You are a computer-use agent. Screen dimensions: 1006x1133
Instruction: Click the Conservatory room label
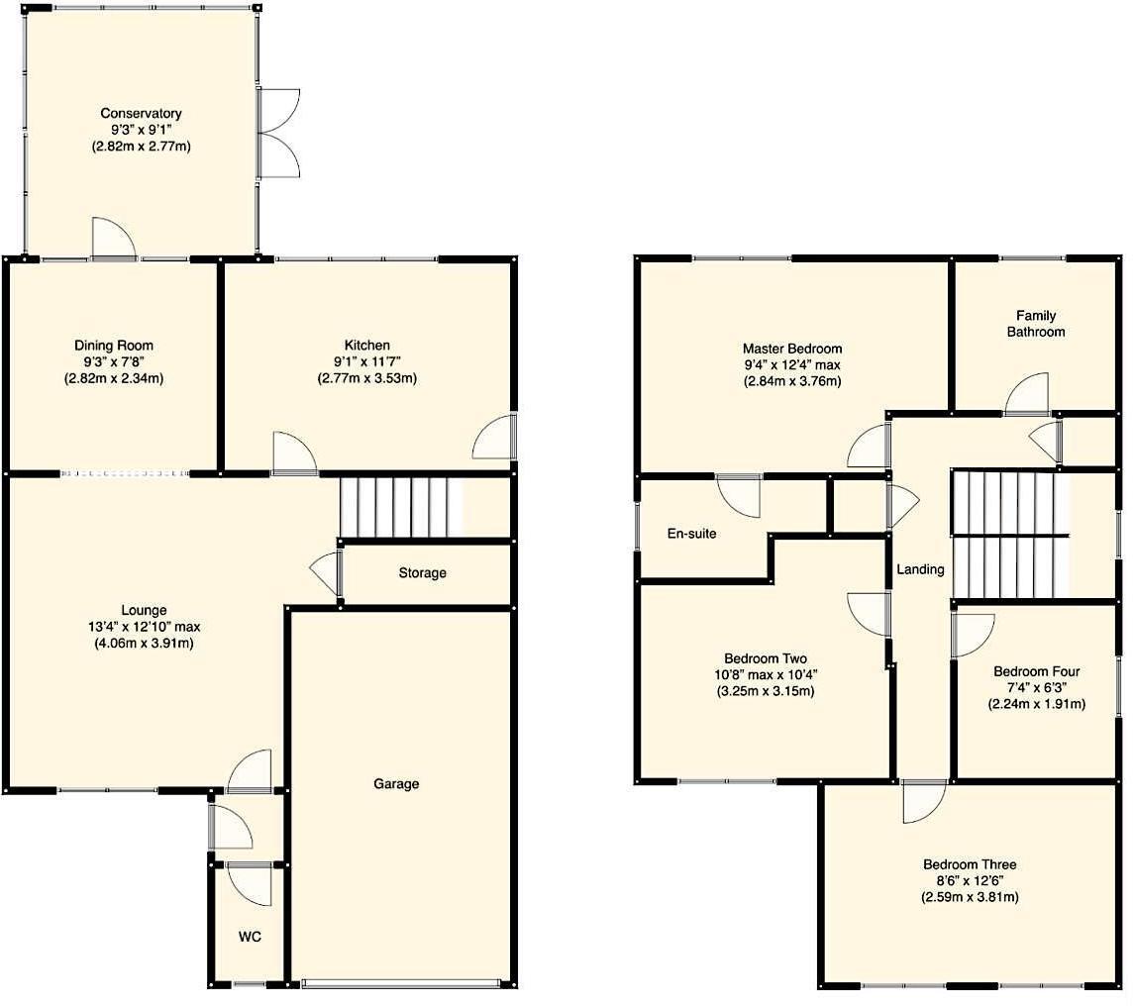click(141, 114)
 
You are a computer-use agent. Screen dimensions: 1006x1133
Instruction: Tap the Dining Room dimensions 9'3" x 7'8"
click(114, 361)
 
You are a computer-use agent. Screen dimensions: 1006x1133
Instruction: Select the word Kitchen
click(367, 345)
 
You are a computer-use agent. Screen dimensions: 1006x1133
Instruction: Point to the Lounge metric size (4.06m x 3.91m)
click(144, 643)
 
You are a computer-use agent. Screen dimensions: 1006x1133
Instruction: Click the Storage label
click(422, 572)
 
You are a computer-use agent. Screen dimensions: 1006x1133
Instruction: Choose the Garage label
click(396, 783)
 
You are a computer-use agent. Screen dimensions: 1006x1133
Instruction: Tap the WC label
click(249, 936)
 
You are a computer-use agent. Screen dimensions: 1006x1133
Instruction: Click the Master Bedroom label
click(792, 349)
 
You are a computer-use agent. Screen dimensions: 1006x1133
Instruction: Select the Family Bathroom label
click(1036, 324)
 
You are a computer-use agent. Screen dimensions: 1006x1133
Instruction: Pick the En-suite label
click(691, 534)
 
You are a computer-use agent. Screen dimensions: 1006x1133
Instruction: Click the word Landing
click(920, 569)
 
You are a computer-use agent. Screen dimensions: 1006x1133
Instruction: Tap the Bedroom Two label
click(765, 658)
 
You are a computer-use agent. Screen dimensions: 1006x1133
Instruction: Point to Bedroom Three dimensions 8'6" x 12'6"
click(969, 880)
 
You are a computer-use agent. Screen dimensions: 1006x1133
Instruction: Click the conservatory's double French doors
click(277, 132)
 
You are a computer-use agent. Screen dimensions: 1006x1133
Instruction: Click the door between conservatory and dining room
click(113, 241)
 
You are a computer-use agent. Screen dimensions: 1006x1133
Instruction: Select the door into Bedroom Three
click(924, 800)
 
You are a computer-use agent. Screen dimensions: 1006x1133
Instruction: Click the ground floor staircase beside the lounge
click(401, 506)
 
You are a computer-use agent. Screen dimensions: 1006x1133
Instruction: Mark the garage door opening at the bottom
click(401, 983)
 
